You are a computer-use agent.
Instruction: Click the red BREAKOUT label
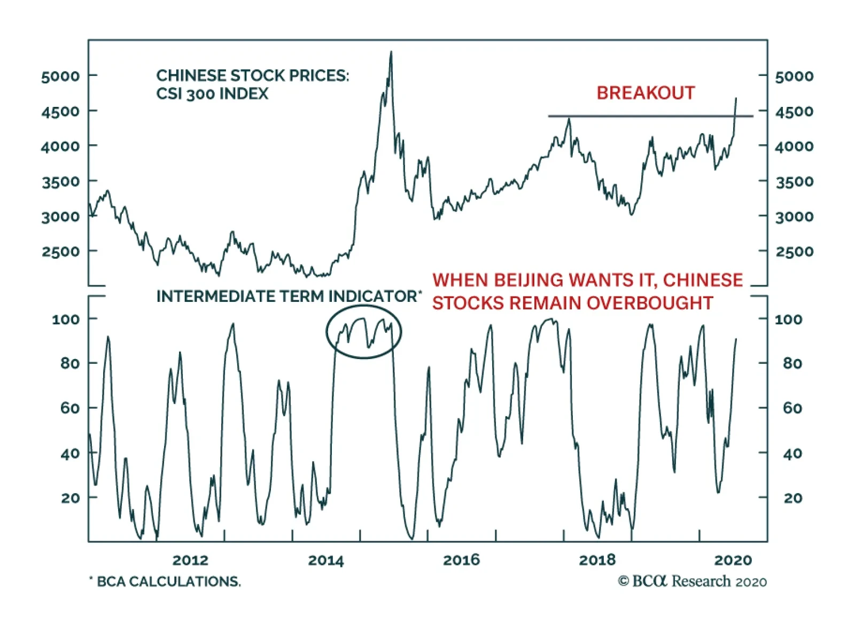(x=646, y=93)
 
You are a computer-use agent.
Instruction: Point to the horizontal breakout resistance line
(x=641, y=116)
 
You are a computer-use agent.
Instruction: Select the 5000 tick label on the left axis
(x=60, y=76)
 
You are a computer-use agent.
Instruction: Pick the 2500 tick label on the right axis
(x=795, y=252)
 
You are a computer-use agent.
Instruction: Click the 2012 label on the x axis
(x=190, y=560)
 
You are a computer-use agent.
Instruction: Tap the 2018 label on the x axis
(x=597, y=560)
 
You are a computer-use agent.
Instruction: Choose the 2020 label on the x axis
(x=733, y=560)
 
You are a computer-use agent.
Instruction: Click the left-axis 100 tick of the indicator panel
(x=66, y=320)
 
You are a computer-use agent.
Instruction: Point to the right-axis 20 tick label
(x=793, y=498)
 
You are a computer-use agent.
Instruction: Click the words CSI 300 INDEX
(x=212, y=94)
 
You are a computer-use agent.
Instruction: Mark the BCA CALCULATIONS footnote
(x=165, y=581)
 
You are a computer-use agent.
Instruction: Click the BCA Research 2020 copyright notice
(x=693, y=581)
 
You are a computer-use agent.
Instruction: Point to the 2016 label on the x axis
(x=461, y=560)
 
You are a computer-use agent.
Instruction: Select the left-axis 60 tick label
(x=70, y=408)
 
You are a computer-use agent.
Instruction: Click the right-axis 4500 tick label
(x=795, y=112)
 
